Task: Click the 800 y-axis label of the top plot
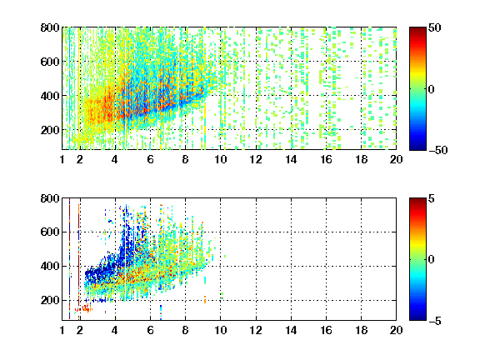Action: pos(50,27)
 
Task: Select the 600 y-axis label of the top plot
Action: pos(50,62)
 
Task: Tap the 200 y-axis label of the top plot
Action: pos(50,130)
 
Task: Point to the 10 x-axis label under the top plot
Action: pos(220,159)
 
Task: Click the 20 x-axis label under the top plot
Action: pos(396,159)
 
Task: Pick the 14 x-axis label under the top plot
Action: pos(291,159)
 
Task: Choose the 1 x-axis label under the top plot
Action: pos(62,159)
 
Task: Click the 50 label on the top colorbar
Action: pos(434,27)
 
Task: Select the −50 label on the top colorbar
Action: pos(438,150)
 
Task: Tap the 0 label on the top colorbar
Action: pos(432,89)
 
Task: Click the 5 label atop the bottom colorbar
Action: pos(432,198)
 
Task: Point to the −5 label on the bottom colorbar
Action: pos(435,321)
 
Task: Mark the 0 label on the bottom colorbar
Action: pos(432,260)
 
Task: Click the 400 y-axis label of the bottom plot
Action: pos(50,266)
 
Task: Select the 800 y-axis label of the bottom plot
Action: pos(50,198)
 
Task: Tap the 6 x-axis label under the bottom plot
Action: pos(150,330)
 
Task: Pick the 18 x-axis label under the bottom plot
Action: pos(361,330)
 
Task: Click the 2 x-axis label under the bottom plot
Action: pos(80,330)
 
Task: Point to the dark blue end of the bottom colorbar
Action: pos(417,318)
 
